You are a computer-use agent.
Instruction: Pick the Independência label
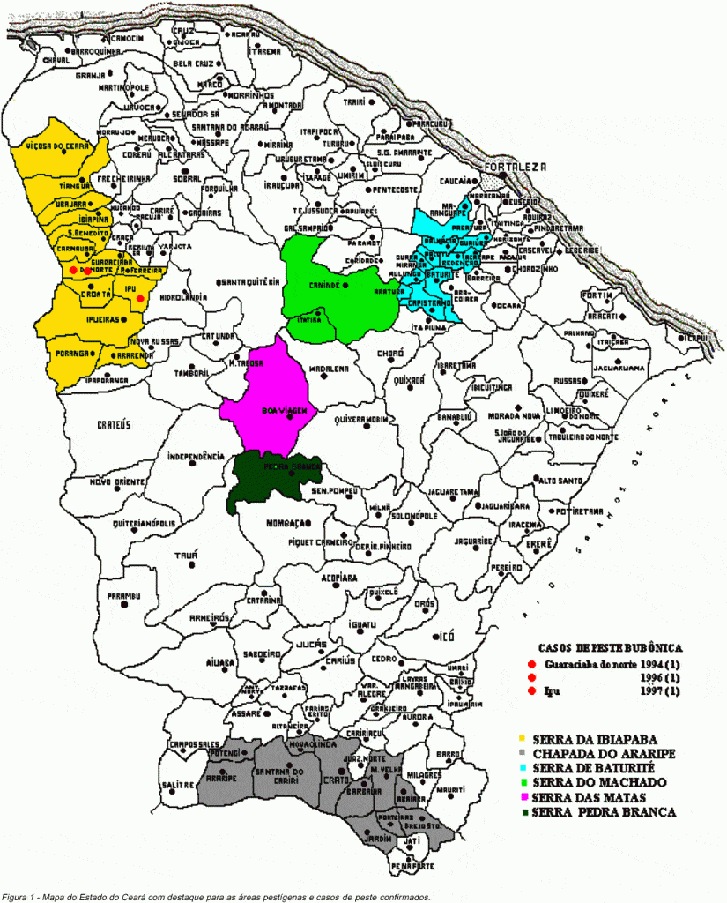coord(197,456)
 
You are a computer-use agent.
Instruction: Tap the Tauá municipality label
coord(186,555)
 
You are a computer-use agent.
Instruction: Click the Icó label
coord(448,634)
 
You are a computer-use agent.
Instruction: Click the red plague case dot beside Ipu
coord(140,299)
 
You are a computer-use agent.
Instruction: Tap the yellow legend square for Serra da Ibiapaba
coord(523,737)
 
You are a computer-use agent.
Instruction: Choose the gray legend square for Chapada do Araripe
coord(523,752)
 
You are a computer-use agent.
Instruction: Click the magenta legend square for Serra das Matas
coord(523,797)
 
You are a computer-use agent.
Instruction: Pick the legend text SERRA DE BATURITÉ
coord(596,767)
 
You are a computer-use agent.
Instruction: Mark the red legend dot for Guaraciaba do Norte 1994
coord(531,664)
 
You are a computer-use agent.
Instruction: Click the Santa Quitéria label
coord(250,281)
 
